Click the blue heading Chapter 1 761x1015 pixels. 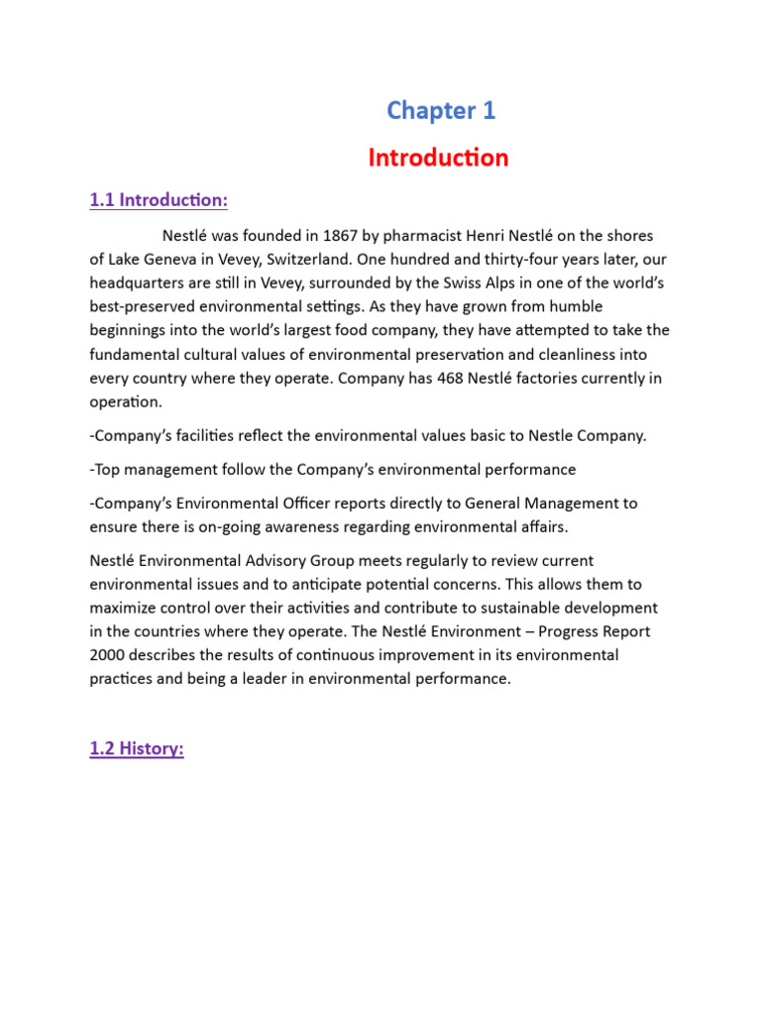pyautogui.click(x=441, y=111)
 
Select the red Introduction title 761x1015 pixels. pyautogui.click(x=438, y=158)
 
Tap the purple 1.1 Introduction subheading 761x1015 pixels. pyautogui.click(x=159, y=200)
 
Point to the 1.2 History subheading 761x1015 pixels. pyautogui.click(x=137, y=749)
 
